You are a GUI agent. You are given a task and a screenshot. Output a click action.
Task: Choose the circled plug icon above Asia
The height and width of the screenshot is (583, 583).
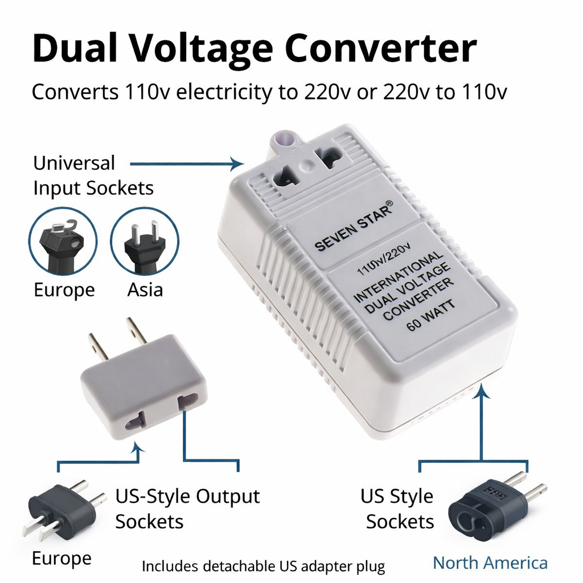[144, 241]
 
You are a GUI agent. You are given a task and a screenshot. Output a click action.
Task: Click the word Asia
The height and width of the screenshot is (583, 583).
[145, 290]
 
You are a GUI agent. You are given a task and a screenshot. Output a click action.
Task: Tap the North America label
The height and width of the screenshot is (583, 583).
[490, 563]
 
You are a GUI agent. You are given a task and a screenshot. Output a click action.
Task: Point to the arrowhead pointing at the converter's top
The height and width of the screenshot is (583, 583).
[239, 165]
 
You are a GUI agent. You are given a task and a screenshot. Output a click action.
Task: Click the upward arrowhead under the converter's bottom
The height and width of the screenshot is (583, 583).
[483, 389]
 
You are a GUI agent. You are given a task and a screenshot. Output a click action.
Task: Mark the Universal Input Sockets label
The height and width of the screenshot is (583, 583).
[93, 175]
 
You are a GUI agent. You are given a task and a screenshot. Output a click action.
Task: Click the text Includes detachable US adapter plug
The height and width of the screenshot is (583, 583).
[263, 566]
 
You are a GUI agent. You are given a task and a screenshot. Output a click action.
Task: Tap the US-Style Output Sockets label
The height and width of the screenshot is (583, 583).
[187, 508]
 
